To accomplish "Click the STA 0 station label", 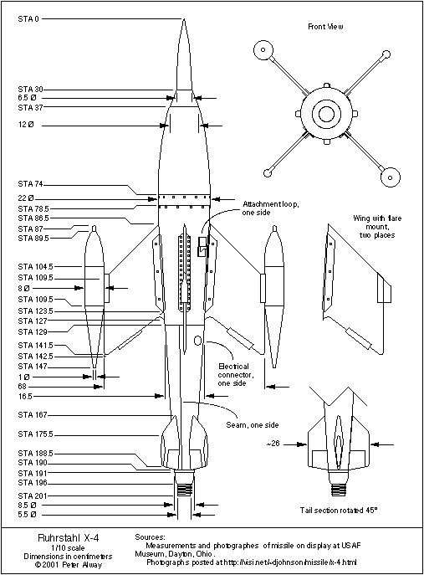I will (x=30, y=18).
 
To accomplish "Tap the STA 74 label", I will (x=32, y=183).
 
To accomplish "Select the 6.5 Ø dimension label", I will (x=28, y=98).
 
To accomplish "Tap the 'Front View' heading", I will (x=325, y=27).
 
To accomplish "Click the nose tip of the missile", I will (x=184, y=19).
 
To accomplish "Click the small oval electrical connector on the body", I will (x=197, y=341).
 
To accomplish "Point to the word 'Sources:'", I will (x=150, y=535).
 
